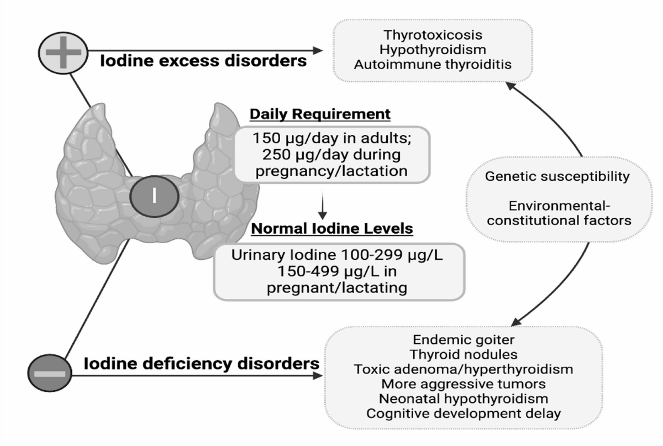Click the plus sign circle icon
click(x=63, y=53)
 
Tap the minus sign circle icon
click(x=50, y=373)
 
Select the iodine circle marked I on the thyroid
click(x=154, y=196)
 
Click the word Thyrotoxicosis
click(x=433, y=35)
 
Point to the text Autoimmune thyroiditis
click(x=433, y=64)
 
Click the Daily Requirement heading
click(x=320, y=114)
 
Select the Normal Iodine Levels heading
click(x=332, y=229)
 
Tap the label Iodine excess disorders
click(x=203, y=61)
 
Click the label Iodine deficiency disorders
click(x=202, y=364)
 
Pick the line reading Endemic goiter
click(x=464, y=340)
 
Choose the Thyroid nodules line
click(x=464, y=354)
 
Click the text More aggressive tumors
click(x=464, y=384)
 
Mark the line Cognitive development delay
click(x=464, y=414)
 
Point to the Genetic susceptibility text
click(x=557, y=176)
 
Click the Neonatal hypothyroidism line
click(x=464, y=399)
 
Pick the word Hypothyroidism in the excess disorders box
click(x=433, y=49)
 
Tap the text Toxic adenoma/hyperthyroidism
click(x=464, y=369)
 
